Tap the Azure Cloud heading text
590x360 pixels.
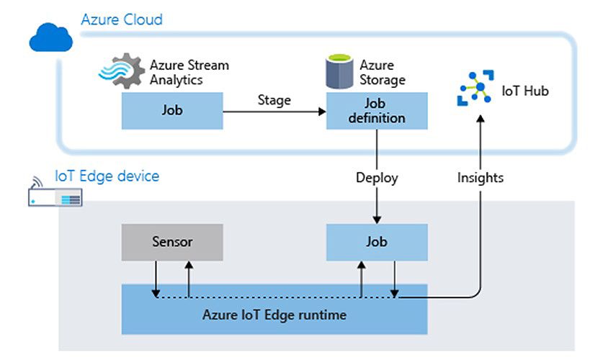[121, 19]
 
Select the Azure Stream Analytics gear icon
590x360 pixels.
[122, 71]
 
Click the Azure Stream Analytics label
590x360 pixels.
[189, 72]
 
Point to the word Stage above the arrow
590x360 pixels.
[274, 100]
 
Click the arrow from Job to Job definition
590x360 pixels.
[274, 112]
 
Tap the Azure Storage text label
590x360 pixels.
[382, 72]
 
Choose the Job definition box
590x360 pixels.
[377, 111]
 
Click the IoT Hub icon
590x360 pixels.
[475, 90]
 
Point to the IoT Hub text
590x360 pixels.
[525, 91]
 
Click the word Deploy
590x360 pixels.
[377, 177]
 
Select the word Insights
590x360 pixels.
[480, 177]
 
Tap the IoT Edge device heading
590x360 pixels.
[107, 176]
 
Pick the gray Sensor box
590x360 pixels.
[172, 242]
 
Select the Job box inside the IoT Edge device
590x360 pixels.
[377, 242]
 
